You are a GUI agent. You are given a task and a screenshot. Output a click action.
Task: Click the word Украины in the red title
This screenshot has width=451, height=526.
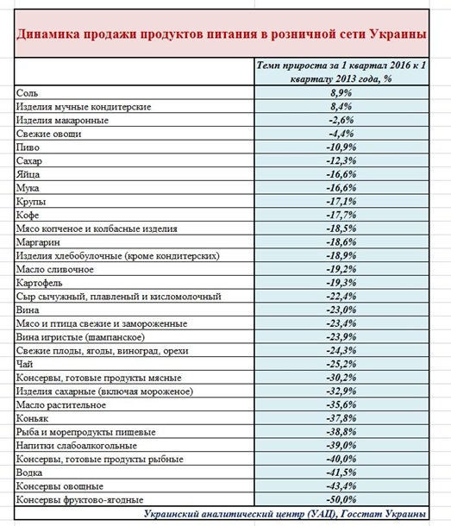(x=398, y=34)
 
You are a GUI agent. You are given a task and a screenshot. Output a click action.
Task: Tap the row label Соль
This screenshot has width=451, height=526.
(x=27, y=93)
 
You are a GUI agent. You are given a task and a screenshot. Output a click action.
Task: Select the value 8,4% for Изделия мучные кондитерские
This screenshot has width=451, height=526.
(x=341, y=107)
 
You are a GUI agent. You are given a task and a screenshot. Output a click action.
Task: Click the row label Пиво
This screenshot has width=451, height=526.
(x=28, y=147)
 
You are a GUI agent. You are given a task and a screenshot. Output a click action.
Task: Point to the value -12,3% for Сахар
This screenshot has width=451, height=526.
(x=341, y=160)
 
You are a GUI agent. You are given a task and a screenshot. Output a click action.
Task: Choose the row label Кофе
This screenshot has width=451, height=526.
(x=28, y=215)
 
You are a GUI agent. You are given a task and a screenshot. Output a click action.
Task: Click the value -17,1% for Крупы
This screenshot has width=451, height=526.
(x=341, y=201)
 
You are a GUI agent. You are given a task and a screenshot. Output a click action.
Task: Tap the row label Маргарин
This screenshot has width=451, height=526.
(x=38, y=241)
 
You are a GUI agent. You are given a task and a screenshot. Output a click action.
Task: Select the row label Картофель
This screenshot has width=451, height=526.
(x=40, y=283)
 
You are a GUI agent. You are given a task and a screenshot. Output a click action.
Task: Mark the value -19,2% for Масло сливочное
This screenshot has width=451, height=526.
(x=341, y=269)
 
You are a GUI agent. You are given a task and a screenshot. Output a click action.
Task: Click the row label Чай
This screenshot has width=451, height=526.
(x=24, y=364)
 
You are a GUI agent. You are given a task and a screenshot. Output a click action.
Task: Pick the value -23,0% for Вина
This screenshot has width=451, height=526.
(x=341, y=310)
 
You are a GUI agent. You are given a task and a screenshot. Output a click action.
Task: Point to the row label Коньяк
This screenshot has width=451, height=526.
(x=32, y=418)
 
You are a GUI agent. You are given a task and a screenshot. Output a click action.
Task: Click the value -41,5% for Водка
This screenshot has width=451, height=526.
(x=341, y=473)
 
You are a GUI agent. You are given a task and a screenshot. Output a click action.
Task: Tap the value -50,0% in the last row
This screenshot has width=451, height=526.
(x=341, y=499)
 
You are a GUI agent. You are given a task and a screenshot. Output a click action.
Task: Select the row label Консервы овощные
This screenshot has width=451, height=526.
(x=60, y=486)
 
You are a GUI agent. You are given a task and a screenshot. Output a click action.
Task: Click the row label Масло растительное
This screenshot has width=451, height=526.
(x=61, y=405)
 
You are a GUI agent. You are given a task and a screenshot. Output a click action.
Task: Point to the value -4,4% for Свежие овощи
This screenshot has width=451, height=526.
(x=341, y=134)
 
